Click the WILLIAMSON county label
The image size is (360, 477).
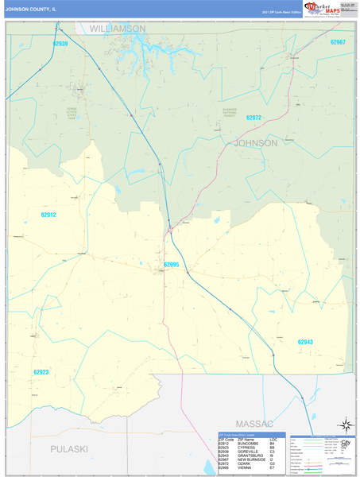click(x=117, y=28)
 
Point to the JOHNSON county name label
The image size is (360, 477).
click(x=255, y=143)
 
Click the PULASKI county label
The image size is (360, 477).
click(x=68, y=449)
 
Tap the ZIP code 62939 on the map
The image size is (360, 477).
click(x=60, y=44)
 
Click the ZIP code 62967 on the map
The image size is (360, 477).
click(x=338, y=41)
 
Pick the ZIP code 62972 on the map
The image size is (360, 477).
click(x=254, y=118)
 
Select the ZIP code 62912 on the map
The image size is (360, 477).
click(x=49, y=215)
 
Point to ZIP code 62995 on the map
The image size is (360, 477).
click(x=172, y=265)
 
